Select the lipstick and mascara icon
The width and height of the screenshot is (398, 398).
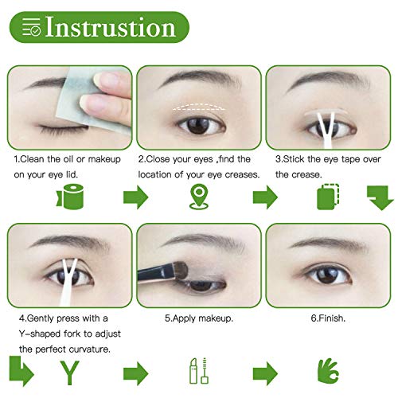(200, 372)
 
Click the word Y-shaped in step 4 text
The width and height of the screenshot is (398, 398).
(40, 333)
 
